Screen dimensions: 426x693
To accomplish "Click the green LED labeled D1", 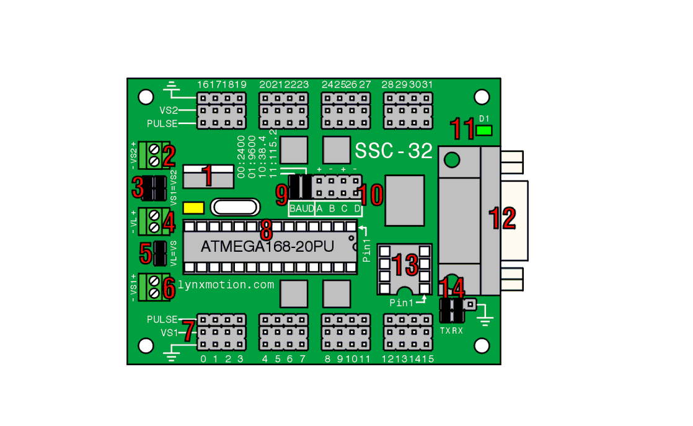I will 484,130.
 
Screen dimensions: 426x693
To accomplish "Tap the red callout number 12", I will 503,218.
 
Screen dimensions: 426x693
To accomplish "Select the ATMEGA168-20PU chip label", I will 267,246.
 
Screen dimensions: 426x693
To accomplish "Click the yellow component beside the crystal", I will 194,207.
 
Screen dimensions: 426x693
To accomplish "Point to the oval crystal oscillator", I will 233,206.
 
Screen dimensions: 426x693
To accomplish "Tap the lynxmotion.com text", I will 226,285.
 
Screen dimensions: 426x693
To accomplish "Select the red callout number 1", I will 208,176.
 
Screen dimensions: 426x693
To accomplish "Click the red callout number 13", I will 404,265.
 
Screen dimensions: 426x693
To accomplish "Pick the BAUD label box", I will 302,208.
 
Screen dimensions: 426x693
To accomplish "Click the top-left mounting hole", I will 146,96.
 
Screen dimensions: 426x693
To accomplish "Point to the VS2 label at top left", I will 169,110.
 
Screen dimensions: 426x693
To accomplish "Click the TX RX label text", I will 451,331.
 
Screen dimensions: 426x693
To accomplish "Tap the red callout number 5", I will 146,253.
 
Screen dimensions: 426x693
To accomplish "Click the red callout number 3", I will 138,187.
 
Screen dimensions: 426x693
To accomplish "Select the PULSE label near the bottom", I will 162,320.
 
